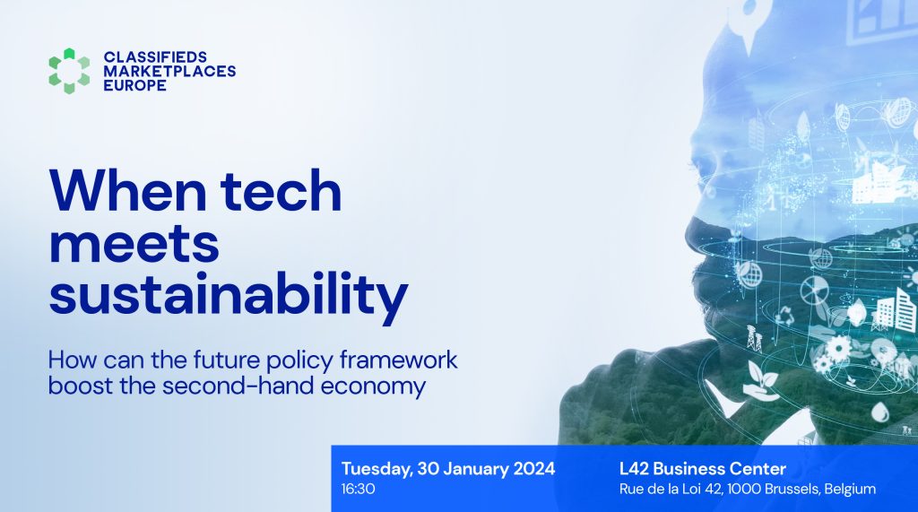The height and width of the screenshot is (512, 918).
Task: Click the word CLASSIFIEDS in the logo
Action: [x=155, y=56]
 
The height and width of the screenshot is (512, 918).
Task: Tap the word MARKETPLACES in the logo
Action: [x=169, y=71]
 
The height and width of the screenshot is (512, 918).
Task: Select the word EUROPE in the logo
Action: [x=135, y=85]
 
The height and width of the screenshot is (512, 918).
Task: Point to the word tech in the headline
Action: [x=281, y=191]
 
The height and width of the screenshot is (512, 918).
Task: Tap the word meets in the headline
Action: [x=134, y=243]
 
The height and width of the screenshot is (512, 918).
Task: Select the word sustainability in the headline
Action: [x=229, y=295]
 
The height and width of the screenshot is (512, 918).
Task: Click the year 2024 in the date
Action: [x=534, y=469]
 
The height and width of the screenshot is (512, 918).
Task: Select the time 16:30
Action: [x=359, y=489]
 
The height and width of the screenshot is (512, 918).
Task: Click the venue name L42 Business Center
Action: [x=703, y=469]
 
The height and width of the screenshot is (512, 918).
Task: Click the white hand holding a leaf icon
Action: [x=760, y=379]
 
